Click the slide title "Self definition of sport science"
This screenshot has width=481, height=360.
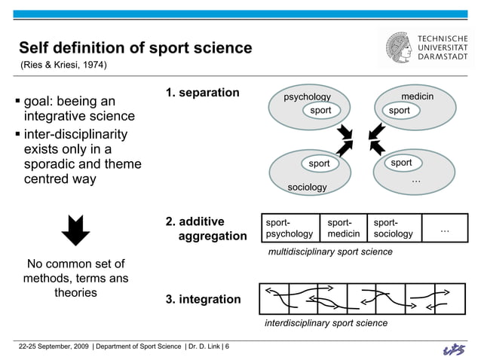click(135, 48)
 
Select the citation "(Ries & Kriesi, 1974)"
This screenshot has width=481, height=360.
click(63, 66)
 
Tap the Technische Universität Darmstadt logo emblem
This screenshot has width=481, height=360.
click(399, 47)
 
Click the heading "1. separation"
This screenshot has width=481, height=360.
click(203, 93)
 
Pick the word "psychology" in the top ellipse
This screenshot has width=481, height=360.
click(307, 97)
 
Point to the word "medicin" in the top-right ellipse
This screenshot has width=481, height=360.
click(417, 96)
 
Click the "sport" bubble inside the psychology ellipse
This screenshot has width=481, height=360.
click(320, 111)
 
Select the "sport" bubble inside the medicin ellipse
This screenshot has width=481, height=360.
click(400, 111)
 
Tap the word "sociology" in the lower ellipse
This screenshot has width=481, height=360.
click(307, 186)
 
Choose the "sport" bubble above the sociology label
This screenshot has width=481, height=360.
click(319, 163)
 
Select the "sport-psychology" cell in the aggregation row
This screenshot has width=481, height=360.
click(290, 228)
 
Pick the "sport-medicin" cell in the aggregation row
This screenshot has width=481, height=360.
click(343, 228)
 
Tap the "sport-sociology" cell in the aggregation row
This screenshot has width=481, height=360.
click(393, 228)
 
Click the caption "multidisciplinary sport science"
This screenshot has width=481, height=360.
click(330, 252)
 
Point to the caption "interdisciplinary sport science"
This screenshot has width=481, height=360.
click(326, 322)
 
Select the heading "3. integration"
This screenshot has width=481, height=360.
click(204, 300)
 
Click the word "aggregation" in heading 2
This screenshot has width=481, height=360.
click(212, 236)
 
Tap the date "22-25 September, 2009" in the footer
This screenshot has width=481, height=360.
click(54, 346)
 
